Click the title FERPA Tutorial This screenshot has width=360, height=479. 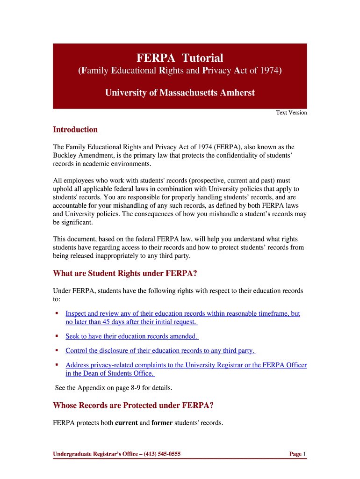180,58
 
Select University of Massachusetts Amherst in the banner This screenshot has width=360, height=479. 180,93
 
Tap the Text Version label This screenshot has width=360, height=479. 291,112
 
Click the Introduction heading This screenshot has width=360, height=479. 75,130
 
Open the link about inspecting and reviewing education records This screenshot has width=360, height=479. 182,313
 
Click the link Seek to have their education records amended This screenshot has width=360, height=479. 131,336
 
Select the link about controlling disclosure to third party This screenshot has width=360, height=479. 160,350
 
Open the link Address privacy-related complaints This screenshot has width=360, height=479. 186,365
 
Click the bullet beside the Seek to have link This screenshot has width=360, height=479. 57,336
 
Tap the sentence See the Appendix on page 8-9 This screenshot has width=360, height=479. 114,387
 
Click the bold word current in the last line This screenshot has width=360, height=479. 126,423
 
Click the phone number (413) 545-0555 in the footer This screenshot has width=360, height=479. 162,454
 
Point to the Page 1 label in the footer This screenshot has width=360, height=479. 297,454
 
